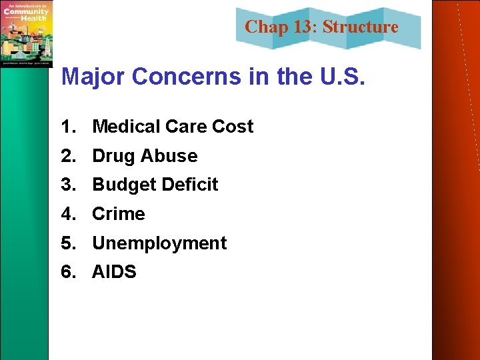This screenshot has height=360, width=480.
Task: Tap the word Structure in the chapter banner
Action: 360,27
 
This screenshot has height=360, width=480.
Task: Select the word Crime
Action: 118,214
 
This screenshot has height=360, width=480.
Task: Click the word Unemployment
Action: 159,243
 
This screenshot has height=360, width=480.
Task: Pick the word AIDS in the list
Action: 114,272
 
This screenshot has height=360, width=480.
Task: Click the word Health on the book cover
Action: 35,18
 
